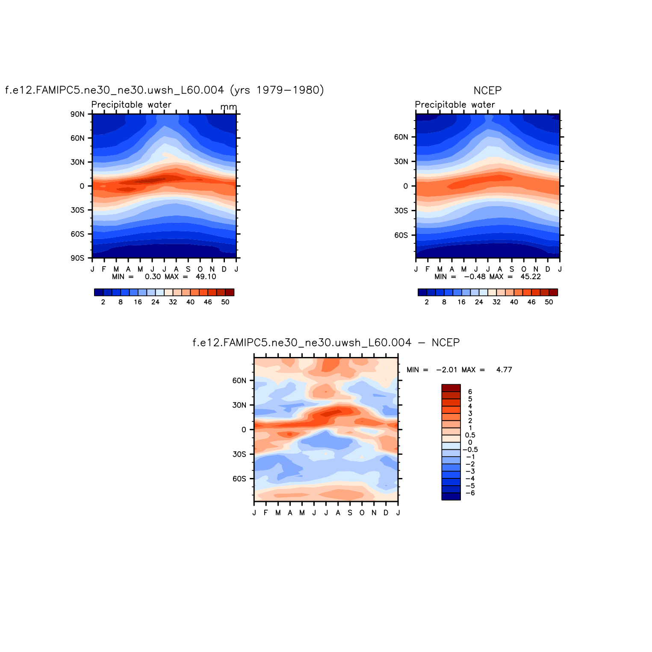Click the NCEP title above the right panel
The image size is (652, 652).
[487, 91]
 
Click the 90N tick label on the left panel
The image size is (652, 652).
[78, 114]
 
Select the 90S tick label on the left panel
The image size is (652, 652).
[78, 258]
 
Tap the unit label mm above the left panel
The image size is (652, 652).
[228, 107]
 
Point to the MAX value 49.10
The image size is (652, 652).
[206, 277]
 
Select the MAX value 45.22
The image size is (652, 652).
[531, 277]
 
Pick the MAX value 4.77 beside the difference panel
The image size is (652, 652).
[504, 370]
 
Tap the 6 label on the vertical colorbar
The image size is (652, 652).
[470, 392]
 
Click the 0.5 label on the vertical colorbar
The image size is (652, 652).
[470, 435]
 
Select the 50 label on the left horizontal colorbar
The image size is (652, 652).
[225, 302]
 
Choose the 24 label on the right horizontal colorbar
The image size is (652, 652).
[479, 302]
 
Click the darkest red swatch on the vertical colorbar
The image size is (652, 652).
[451, 388]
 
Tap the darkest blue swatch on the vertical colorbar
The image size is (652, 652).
[451, 496]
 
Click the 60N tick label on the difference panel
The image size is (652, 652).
[239, 381]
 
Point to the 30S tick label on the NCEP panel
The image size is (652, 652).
[401, 211]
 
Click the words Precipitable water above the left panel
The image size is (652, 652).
[131, 105]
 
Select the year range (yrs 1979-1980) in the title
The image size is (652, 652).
[277, 90]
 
